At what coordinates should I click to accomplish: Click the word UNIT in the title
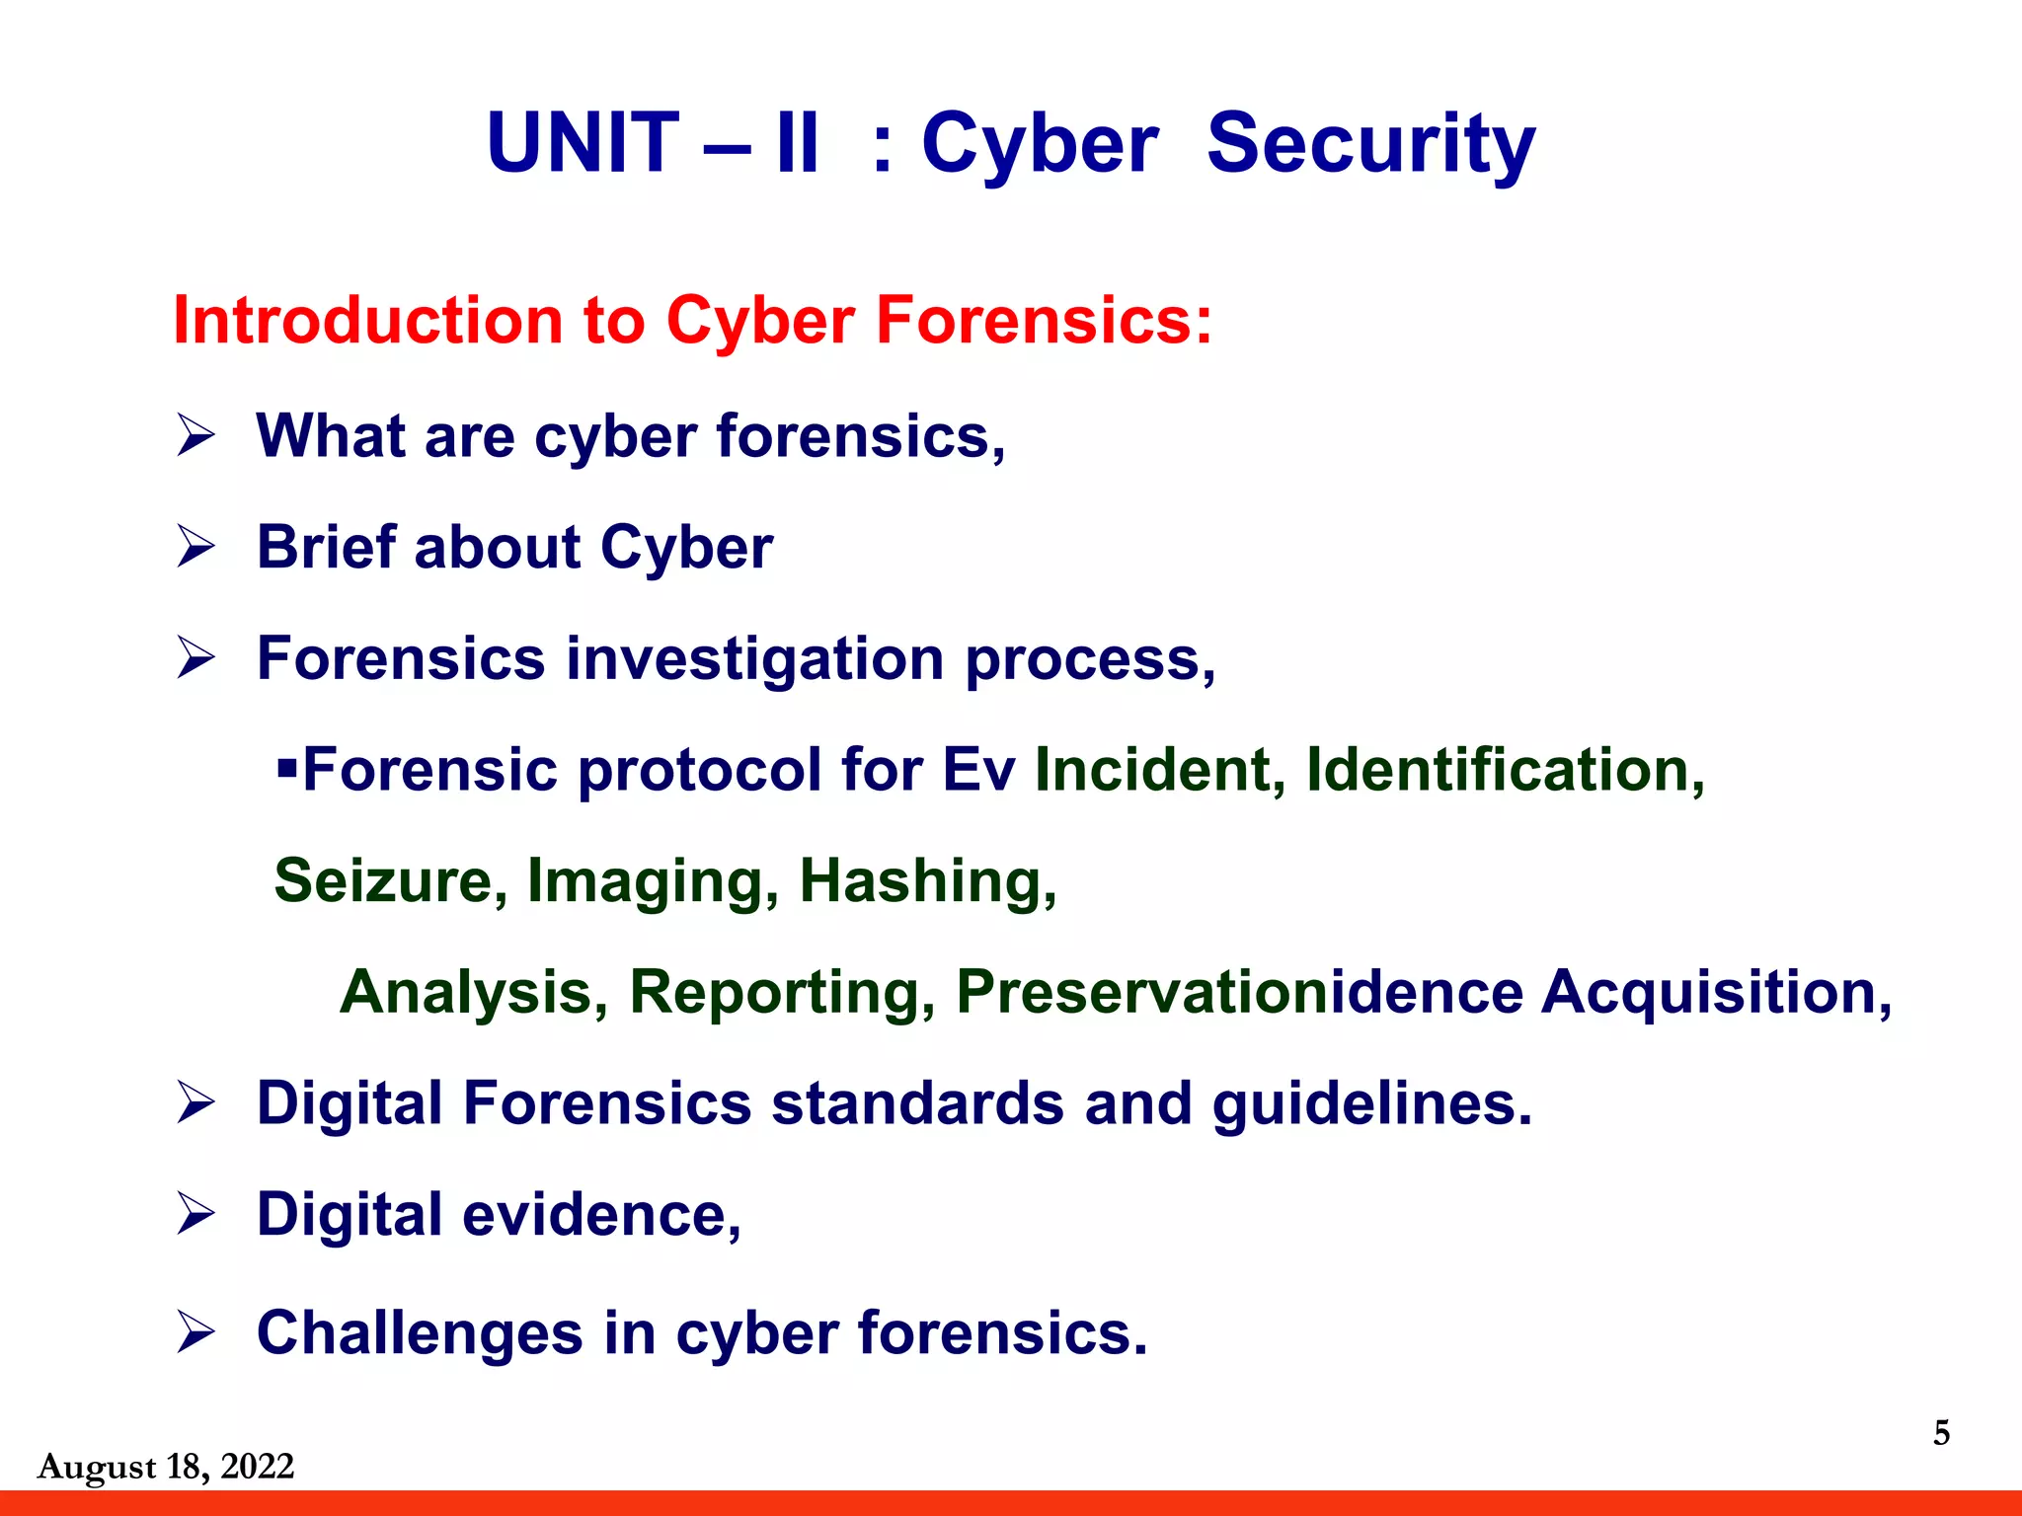[583, 144]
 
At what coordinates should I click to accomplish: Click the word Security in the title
[1370, 144]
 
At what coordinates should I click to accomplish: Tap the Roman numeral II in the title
[798, 144]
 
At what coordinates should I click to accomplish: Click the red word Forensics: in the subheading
[1044, 321]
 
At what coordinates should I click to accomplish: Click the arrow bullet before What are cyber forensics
[196, 435]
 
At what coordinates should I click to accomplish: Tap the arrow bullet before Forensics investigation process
[196, 657]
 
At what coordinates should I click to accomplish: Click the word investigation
[754, 658]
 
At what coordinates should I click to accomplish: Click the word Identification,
[1505, 769]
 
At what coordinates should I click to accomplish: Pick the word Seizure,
[391, 880]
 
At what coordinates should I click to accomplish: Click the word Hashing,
[927, 880]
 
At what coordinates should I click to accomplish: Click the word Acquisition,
[1717, 992]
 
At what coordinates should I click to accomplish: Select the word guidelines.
[1372, 1103]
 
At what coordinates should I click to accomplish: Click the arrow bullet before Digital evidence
[196, 1213]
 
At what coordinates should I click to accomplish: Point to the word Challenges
[420, 1332]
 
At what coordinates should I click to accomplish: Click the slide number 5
[1941, 1432]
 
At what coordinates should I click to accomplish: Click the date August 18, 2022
[166, 1467]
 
